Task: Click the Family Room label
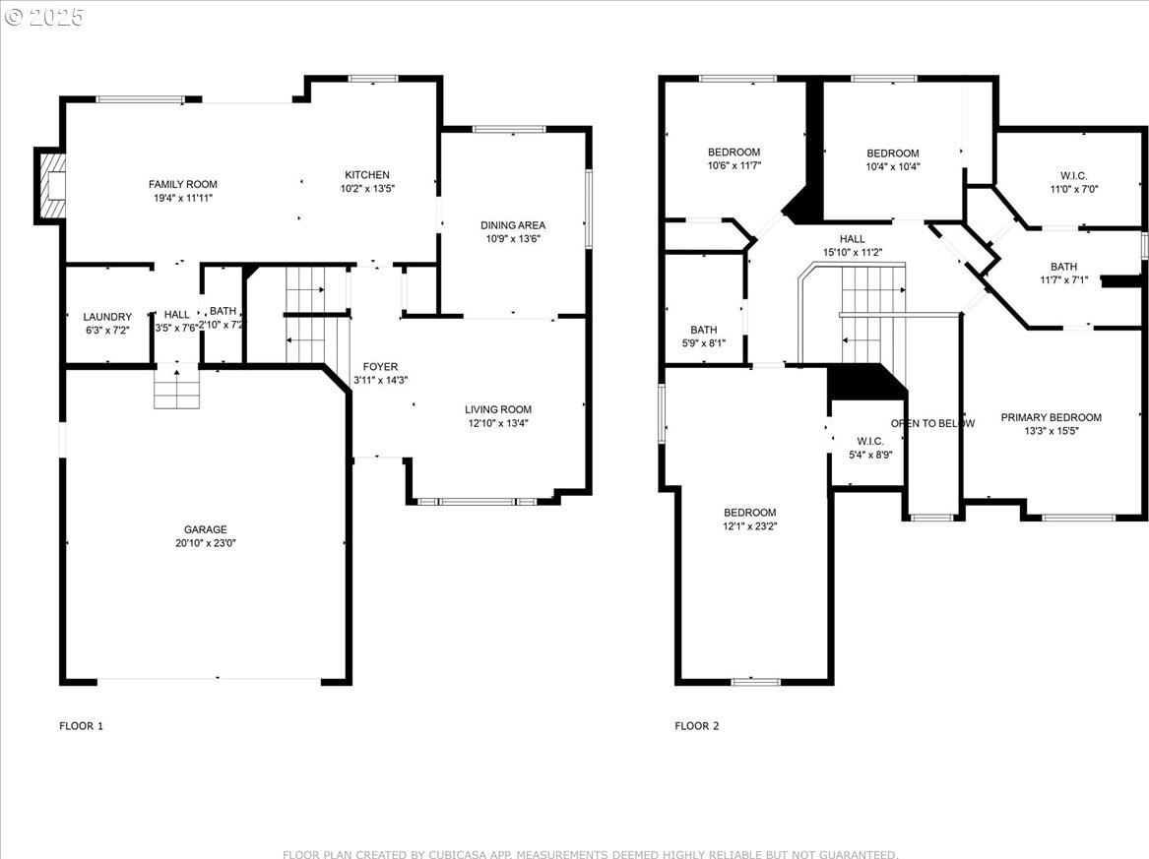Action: [182, 185]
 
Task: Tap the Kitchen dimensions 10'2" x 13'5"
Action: [367, 189]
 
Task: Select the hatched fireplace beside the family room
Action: [50, 185]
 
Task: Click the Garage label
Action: [205, 529]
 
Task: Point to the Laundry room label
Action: [107, 317]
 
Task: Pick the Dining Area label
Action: [513, 225]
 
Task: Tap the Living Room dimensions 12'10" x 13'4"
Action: [498, 423]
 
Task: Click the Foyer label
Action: [380, 367]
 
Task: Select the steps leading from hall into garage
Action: [176, 386]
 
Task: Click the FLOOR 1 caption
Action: [82, 726]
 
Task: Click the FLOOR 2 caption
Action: [697, 726]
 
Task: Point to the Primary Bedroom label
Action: [1052, 417]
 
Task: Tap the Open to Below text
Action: [932, 423]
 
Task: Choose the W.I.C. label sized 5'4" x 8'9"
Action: [870, 441]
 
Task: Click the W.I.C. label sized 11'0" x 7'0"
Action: [1074, 176]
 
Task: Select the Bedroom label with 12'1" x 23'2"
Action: [749, 513]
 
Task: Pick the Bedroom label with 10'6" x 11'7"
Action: [734, 153]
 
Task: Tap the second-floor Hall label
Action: [853, 239]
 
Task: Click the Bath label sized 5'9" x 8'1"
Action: [703, 330]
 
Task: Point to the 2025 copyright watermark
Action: [44, 16]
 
